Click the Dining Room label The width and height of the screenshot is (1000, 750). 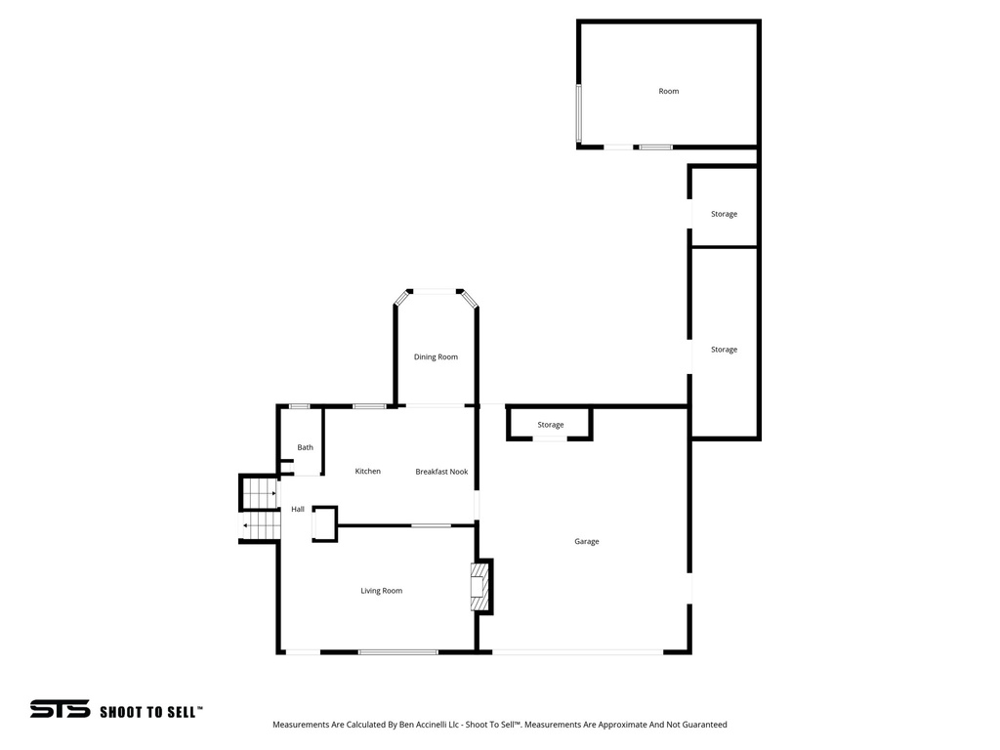pos(436,357)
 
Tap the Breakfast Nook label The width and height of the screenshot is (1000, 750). pos(441,472)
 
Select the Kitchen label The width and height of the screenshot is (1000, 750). pos(368,472)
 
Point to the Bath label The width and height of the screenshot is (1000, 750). pos(306,448)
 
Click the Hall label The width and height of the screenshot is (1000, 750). pos(298,510)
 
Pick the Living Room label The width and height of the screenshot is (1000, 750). pos(381,591)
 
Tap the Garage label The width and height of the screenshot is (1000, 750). pos(587,542)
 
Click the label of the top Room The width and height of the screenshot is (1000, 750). pos(669,92)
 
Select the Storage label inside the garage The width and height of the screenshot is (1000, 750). pos(551,425)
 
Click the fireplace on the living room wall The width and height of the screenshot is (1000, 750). pos(479,586)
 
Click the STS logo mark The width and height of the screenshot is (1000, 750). pos(60,710)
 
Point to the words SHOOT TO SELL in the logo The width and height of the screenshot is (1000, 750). pos(151,712)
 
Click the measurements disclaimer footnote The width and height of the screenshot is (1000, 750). pos(499,725)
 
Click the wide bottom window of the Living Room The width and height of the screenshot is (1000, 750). pos(397,651)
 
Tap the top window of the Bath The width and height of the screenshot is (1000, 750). pos(300,406)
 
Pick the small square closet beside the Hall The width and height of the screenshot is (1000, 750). pos(324,524)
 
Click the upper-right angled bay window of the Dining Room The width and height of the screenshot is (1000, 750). pos(470,299)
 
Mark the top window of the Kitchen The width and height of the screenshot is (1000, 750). pos(369,406)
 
